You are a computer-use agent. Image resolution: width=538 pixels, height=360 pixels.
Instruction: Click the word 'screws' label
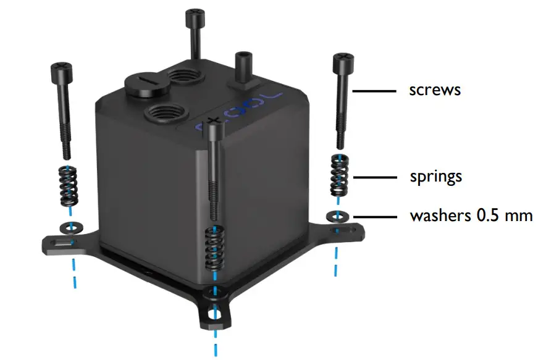[435, 90]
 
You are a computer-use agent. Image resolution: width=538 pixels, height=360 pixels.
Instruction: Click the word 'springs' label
[435, 177]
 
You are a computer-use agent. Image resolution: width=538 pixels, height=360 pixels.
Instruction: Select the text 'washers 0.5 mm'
[471, 216]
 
